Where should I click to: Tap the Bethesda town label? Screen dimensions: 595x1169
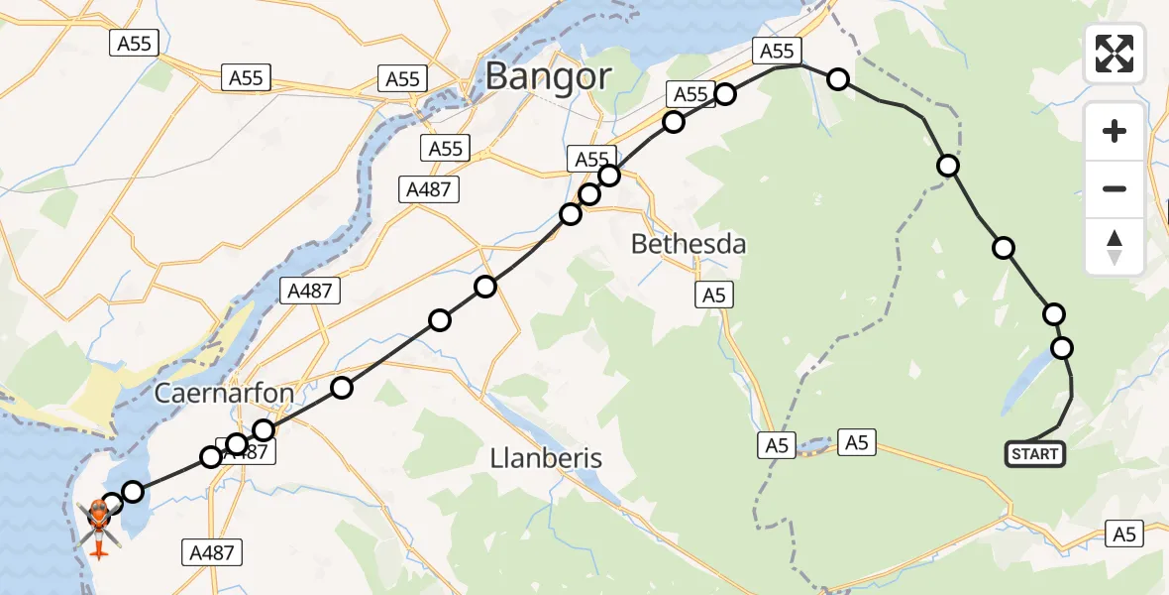(x=689, y=244)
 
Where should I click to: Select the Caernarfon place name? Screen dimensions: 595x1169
(x=224, y=394)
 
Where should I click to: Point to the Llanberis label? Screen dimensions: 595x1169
(x=547, y=458)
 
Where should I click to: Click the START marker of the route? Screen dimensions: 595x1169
(x=1034, y=455)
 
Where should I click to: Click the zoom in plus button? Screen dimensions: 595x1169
(x=1115, y=131)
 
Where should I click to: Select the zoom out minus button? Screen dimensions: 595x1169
(x=1115, y=188)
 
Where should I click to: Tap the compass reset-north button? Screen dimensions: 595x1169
(x=1115, y=246)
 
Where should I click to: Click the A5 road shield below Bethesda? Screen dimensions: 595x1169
(x=713, y=294)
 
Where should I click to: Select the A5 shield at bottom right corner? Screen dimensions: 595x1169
(x=1123, y=535)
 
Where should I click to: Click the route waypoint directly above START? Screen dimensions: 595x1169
(x=1062, y=348)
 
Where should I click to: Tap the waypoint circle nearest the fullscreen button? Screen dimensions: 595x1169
(x=838, y=79)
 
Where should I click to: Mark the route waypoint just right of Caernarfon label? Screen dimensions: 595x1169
(x=342, y=388)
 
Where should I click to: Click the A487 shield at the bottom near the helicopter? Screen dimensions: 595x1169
(x=212, y=552)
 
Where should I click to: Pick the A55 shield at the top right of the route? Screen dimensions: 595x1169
(x=775, y=52)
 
